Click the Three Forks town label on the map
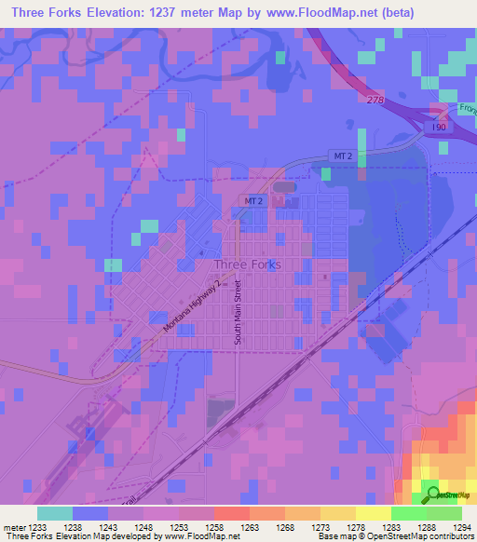click(240, 264)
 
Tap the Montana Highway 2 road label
click(196, 307)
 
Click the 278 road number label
click(375, 99)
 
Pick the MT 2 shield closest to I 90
click(342, 156)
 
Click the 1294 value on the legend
click(461, 527)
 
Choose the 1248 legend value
click(143, 527)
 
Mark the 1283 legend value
click(390, 527)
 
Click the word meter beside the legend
click(12, 527)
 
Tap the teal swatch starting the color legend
click(55, 513)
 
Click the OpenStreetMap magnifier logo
click(431, 495)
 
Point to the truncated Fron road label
click(466, 107)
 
